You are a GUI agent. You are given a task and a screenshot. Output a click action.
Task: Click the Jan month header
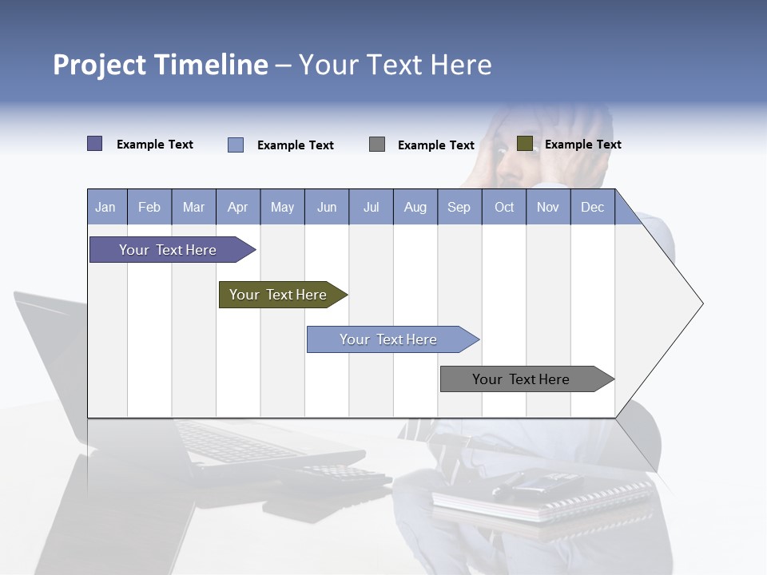(x=106, y=208)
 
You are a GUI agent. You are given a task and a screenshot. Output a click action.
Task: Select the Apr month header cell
(x=238, y=208)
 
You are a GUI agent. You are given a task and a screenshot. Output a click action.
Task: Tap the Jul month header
(x=371, y=208)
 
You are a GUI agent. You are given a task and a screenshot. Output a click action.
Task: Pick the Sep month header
(x=459, y=208)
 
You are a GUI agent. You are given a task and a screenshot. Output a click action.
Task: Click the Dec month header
(x=592, y=208)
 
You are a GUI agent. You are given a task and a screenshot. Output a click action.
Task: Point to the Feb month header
(x=149, y=208)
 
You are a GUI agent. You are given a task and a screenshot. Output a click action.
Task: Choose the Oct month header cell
(x=504, y=208)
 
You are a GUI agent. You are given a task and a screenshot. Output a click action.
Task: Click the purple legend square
(x=95, y=144)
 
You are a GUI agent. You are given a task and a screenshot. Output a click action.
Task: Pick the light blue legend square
(x=236, y=145)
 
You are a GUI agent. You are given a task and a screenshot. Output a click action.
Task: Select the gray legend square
(x=377, y=144)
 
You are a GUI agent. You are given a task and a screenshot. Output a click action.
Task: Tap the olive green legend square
(x=525, y=144)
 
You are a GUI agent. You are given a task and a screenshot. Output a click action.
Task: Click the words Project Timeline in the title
(x=161, y=65)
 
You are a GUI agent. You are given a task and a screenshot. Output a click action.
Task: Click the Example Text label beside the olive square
(x=582, y=145)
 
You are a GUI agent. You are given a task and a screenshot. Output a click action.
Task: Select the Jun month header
(x=327, y=208)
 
